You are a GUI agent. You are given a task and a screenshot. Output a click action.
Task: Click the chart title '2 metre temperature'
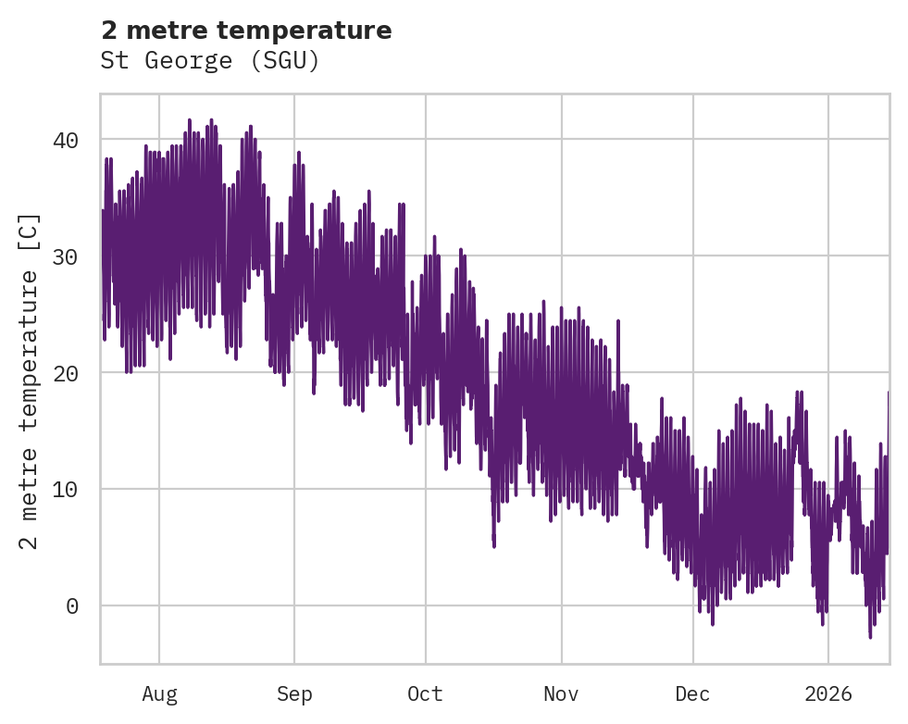point(246,31)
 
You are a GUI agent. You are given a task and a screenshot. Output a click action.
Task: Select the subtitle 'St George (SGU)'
point(210,61)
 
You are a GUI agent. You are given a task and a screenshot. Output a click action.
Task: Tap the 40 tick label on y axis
point(64,140)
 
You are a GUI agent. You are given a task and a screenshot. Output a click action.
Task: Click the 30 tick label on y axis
point(64,256)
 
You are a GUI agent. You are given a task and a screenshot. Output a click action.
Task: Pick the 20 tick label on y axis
point(64,373)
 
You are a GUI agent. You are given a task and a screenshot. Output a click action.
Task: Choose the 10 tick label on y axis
point(64,489)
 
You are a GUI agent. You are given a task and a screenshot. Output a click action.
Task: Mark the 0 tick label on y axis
point(70,606)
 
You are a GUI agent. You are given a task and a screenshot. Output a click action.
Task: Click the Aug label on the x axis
point(159,694)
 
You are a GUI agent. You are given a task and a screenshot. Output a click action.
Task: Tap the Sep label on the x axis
point(294,694)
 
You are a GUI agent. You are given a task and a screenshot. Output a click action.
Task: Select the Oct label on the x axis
point(426,694)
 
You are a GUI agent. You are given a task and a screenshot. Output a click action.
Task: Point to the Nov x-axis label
point(561,694)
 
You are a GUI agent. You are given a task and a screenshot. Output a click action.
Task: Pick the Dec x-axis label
point(692,694)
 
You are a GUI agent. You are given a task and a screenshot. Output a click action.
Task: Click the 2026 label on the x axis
point(828,694)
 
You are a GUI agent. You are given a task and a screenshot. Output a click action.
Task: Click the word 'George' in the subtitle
point(193,61)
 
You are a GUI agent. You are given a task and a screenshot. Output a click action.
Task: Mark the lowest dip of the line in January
point(870,637)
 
